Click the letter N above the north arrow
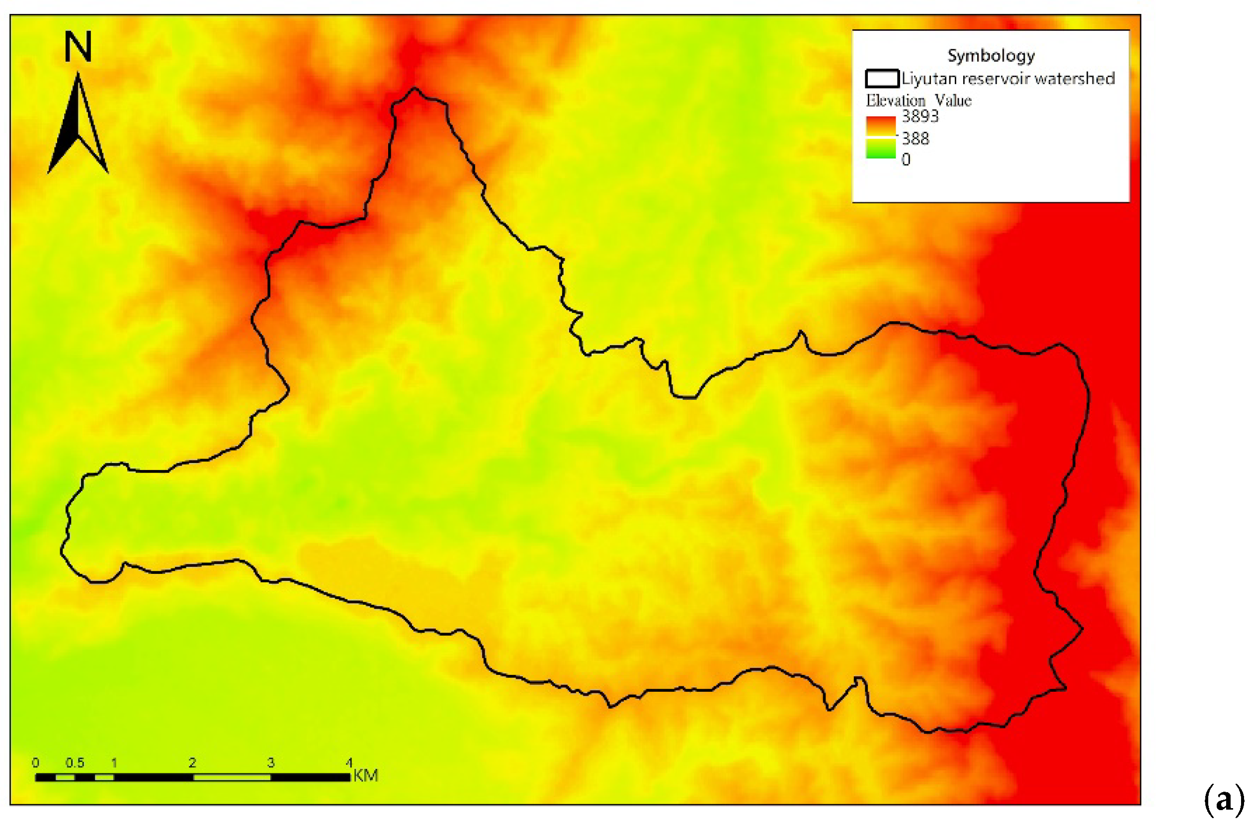[78, 47]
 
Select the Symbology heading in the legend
[990, 55]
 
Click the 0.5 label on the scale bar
[75, 762]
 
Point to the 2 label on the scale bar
[192, 762]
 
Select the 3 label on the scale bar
[270, 762]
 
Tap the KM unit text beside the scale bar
[365, 775]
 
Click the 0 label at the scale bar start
[35, 762]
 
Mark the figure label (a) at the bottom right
[1223, 799]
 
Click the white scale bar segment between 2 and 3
[232, 777]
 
